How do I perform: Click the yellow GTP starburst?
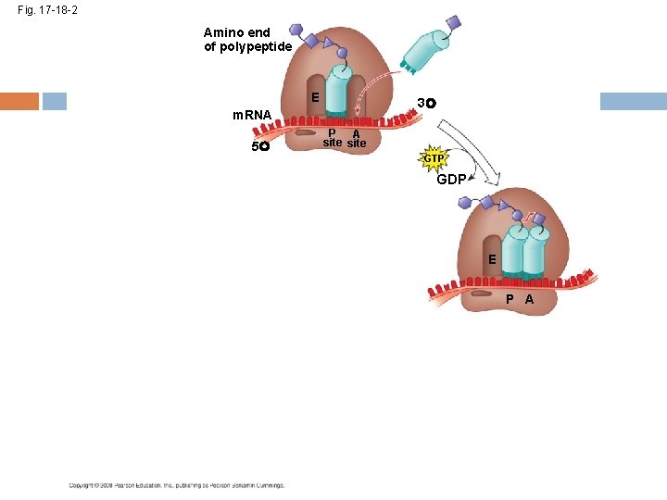(x=434, y=158)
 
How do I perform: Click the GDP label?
(x=451, y=180)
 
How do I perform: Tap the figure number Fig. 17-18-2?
(x=47, y=9)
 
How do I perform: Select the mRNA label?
(x=251, y=116)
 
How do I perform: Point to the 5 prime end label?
(x=259, y=146)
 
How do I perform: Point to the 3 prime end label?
(x=426, y=102)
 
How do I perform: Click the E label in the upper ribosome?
(x=316, y=97)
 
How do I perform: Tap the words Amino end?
(x=237, y=32)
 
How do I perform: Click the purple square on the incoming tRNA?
(x=452, y=21)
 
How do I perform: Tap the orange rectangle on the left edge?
(x=19, y=101)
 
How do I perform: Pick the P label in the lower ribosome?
(x=510, y=299)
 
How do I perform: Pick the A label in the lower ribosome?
(x=529, y=299)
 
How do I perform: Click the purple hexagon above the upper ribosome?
(x=294, y=32)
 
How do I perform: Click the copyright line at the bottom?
(x=176, y=485)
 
